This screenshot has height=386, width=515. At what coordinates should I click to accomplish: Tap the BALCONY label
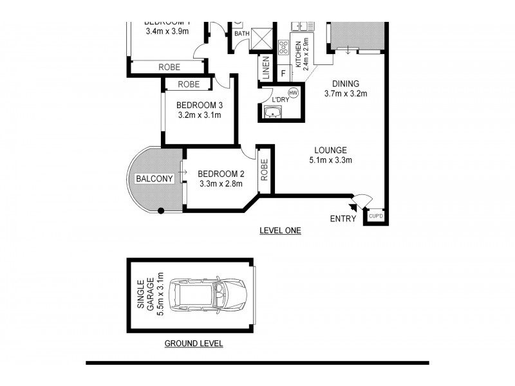tap(154, 179)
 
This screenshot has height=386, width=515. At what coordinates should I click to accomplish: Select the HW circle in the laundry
tap(294, 93)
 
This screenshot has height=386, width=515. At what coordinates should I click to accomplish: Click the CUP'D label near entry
tap(376, 216)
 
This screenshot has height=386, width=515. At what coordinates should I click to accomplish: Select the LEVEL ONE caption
tap(279, 230)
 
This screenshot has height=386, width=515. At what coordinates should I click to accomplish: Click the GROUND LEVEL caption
tap(193, 344)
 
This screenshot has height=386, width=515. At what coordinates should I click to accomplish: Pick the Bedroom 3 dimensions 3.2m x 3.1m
tap(200, 116)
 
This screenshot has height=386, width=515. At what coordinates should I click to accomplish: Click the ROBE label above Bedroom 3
tap(189, 84)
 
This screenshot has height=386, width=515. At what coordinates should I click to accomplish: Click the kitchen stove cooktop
tap(283, 48)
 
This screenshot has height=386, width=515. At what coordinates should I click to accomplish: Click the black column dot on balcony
tap(161, 210)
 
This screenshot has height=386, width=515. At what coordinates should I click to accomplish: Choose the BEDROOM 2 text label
tap(220, 174)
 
